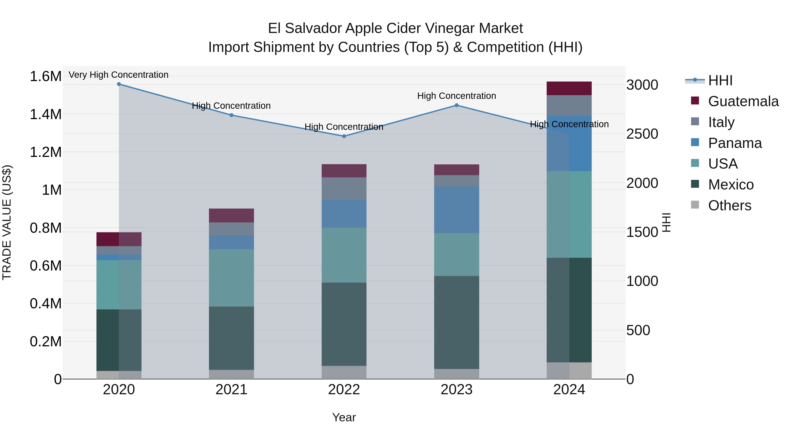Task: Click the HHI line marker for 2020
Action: (x=119, y=84)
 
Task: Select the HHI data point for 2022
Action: (x=344, y=136)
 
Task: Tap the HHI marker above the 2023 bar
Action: (x=456, y=105)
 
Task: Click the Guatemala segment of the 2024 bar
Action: (x=569, y=88)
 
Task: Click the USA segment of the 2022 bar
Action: (x=344, y=255)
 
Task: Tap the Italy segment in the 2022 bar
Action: (x=344, y=188)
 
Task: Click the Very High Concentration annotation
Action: (x=118, y=75)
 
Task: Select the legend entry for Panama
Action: (x=735, y=143)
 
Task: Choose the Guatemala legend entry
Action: (x=743, y=101)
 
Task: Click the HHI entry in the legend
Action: (x=720, y=80)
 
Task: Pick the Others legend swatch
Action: (x=695, y=205)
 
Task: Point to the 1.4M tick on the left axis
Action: (x=45, y=114)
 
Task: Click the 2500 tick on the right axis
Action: (x=642, y=134)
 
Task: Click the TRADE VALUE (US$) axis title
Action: (x=7, y=222)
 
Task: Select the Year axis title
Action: (x=344, y=417)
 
